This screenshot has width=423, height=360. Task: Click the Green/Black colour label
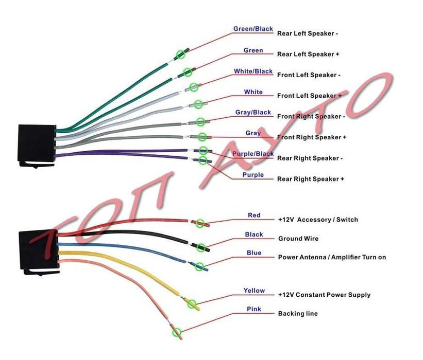(253, 29)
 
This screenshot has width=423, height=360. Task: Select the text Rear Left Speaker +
(308, 54)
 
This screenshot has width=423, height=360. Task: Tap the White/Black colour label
(253, 71)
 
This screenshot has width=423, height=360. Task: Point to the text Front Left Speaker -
(309, 75)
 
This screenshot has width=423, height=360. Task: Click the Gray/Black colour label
(253, 112)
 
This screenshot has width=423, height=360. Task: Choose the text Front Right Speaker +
(312, 137)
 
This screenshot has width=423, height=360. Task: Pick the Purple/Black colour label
(253, 154)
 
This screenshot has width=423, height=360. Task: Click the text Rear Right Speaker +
(311, 179)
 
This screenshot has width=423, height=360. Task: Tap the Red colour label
(254, 215)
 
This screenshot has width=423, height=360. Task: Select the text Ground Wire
(298, 239)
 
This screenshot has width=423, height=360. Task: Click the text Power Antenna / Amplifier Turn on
(332, 257)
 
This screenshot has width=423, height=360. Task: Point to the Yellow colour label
(254, 291)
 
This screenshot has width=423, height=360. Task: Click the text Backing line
(298, 313)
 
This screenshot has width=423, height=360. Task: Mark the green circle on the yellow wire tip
(192, 304)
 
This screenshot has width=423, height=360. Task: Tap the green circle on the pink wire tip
(177, 332)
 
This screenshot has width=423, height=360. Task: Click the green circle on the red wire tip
(200, 223)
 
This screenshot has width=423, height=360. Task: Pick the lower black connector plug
(38, 251)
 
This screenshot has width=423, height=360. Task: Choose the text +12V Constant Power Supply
(324, 295)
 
